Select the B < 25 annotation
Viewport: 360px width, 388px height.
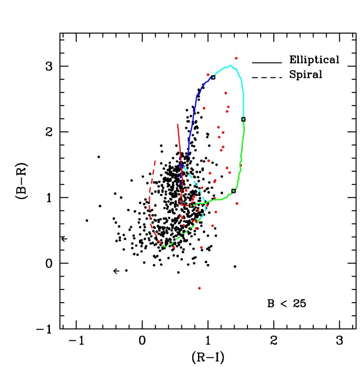286,303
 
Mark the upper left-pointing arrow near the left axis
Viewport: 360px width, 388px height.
64,238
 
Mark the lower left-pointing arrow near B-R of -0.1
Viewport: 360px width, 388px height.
116,271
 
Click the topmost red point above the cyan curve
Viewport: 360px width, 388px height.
236,58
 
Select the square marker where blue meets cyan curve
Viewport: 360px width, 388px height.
213,77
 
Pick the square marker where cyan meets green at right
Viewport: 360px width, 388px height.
243,119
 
